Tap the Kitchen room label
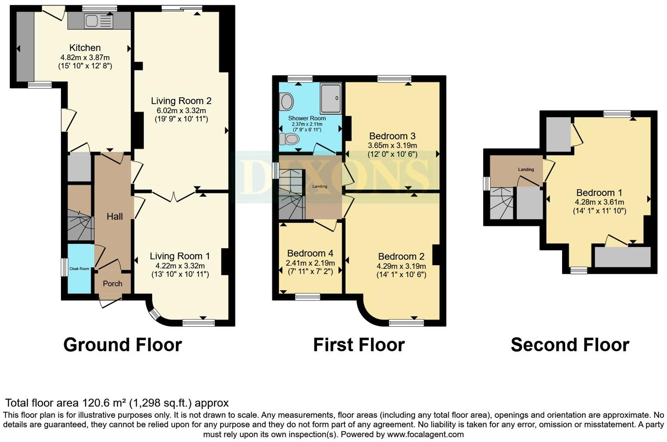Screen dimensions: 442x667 pyautogui.click(x=85, y=48)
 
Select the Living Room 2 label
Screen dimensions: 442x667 pyautogui.click(x=181, y=101)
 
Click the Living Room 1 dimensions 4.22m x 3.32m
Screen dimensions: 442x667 pyautogui.click(x=180, y=266)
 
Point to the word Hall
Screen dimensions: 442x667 pyautogui.click(x=115, y=216)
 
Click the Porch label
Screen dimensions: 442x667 pyautogui.click(x=112, y=284)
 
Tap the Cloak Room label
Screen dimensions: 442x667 pyautogui.click(x=79, y=269)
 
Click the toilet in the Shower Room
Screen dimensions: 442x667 pyautogui.click(x=290, y=139)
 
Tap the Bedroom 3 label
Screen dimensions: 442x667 pyautogui.click(x=392, y=136)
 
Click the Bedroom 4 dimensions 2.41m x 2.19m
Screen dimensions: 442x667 pyautogui.click(x=310, y=263)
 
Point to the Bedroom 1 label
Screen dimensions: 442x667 pyautogui.click(x=599, y=192)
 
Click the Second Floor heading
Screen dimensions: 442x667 pyautogui.click(x=570, y=345)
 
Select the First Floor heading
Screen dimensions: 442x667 pyautogui.click(x=359, y=345)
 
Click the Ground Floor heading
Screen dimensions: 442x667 pyautogui.click(x=122, y=345)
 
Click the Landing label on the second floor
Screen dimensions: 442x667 pyautogui.click(x=526, y=169)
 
